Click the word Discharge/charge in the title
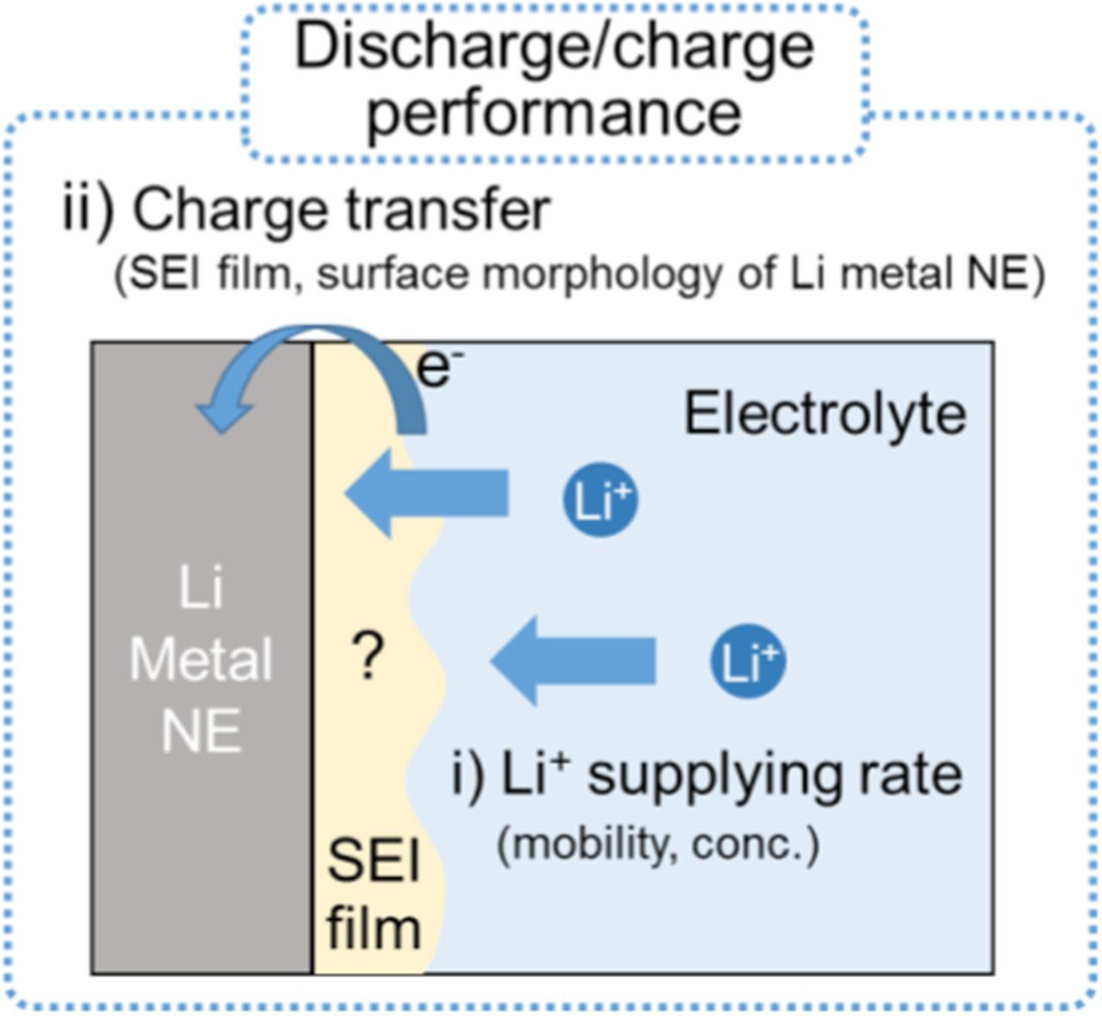click(554, 47)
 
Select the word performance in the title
click(554, 112)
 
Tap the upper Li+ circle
click(600, 501)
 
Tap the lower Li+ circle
click(747, 662)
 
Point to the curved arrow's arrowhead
click(226, 416)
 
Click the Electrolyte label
click(824, 414)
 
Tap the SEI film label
click(374, 895)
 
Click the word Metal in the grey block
click(201, 660)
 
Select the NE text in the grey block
click(201, 731)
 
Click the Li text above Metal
click(201, 589)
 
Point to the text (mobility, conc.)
click(658, 845)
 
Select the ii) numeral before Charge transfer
click(88, 209)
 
